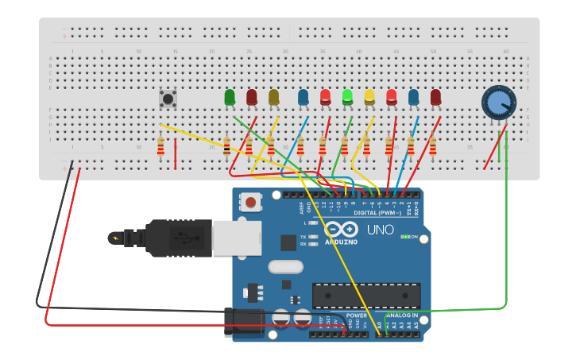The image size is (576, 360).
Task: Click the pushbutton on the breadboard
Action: click(x=168, y=99)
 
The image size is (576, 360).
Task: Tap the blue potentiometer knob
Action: click(x=498, y=103)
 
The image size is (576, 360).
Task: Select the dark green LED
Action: click(x=230, y=97)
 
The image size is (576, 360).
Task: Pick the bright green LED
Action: click(x=347, y=97)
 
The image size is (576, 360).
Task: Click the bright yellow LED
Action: click(x=369, y=97)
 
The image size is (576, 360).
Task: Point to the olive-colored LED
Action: click(x=274, y=97)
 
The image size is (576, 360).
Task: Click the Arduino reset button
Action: click(x=251, y=202)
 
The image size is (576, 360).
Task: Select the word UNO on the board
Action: click(x=380, y=230)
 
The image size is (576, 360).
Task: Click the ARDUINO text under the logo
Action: click(x=341, y=242)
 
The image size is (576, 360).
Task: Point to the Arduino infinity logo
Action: click(x=341, y=229)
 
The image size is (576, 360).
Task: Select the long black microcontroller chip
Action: click(x=365, y=295)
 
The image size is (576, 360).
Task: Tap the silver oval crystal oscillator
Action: click(x=286, y=267)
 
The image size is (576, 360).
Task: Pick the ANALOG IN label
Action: click(x=403, y=315)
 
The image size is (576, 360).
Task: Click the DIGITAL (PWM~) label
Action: click(x=377, y=213)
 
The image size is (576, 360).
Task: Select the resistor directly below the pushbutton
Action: click(x=161, y=146)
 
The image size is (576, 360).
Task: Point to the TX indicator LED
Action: click(x=313, y=237)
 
